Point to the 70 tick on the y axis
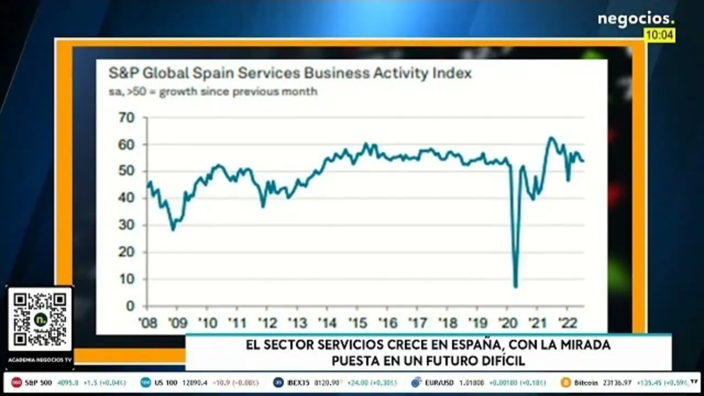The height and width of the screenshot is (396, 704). [x=127, y=117]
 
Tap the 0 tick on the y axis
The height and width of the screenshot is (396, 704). [x=131, y=306]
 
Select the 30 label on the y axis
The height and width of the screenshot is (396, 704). [x=127, y=225]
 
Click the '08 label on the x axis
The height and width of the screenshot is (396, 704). [x=147, y=322]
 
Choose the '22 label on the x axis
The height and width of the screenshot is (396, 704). [x=567, y=322]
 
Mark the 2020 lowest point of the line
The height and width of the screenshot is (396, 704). [x=515, y=286]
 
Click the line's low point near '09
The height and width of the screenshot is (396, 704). [x=173, y=229]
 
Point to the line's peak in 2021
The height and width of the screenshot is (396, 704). [x=551, y=137]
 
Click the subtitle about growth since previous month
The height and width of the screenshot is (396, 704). [x=213, y=91]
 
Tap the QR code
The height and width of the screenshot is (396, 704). [x=40, y=319]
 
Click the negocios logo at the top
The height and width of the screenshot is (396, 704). [x=635, y=19]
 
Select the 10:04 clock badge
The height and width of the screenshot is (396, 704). [x=659, y=35]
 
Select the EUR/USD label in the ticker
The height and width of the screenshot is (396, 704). [x=442, y=382]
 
